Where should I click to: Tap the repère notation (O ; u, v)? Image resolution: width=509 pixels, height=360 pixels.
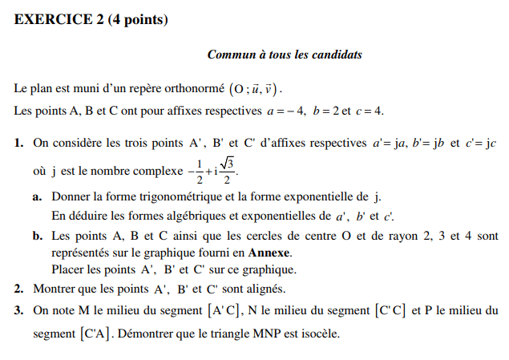coord(256,89)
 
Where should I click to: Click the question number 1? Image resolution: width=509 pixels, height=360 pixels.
coord(18,144)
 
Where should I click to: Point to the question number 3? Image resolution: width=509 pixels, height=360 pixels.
coord(18,309)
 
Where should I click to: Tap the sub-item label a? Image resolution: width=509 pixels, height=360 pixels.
coord(38,196)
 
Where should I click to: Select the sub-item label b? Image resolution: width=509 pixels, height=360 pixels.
coord(38,237)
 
